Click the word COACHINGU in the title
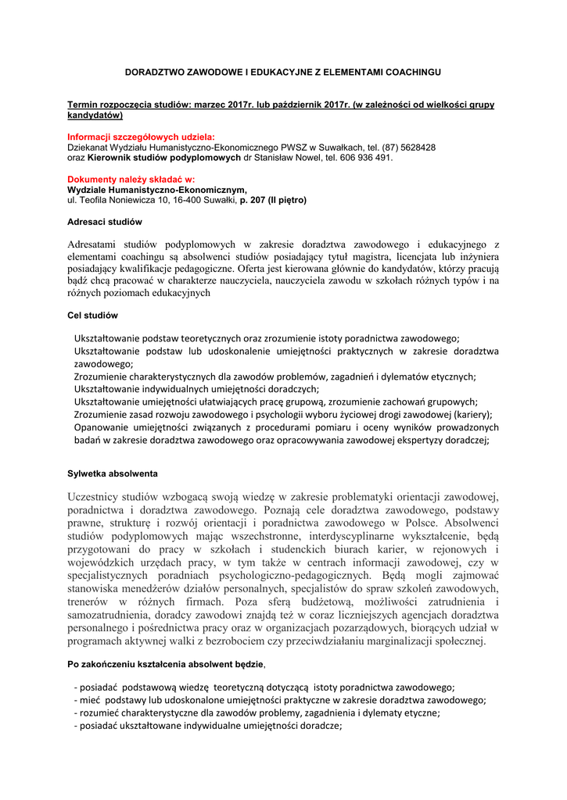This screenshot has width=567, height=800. [x=410, y=72]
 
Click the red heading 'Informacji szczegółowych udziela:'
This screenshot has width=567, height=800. [x=141, y=137]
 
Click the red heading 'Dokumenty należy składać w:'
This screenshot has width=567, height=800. [x=131, y=179]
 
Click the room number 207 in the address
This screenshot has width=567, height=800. [x=259, y=200]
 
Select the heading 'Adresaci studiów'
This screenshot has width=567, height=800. [x=105, y=222]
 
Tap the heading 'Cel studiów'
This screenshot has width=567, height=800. [x=92, y=316]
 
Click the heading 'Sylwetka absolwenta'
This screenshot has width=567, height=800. [x=113, y=473]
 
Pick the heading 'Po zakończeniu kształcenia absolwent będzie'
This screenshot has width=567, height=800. [x=166, y=663]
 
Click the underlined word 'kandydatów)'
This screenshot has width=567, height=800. [x=95, y=115]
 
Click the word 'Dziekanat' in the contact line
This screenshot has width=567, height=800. [x=89, y=147]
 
